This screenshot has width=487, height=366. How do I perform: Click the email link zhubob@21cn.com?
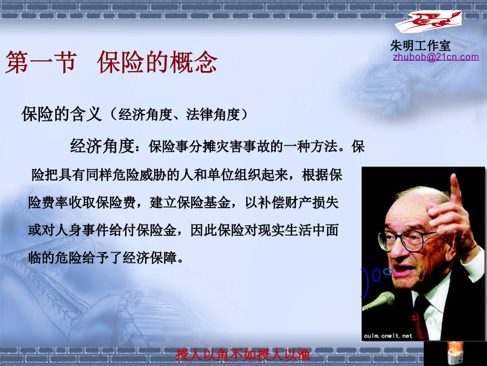click(436, 57)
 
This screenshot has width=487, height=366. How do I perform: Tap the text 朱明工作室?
click(420, 46)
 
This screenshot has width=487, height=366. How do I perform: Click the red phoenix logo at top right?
click(429, 21)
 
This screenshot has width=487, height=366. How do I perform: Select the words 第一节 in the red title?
click(41, 62)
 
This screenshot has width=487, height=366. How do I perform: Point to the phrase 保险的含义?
click(62, 114)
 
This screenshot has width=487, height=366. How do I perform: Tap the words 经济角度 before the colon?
click(102, 146)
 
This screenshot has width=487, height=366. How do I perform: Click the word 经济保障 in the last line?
click(150, 258)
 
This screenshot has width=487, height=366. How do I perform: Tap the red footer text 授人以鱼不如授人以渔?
click(243, 355)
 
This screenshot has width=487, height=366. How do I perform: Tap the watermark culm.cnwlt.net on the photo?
click(388, 336)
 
